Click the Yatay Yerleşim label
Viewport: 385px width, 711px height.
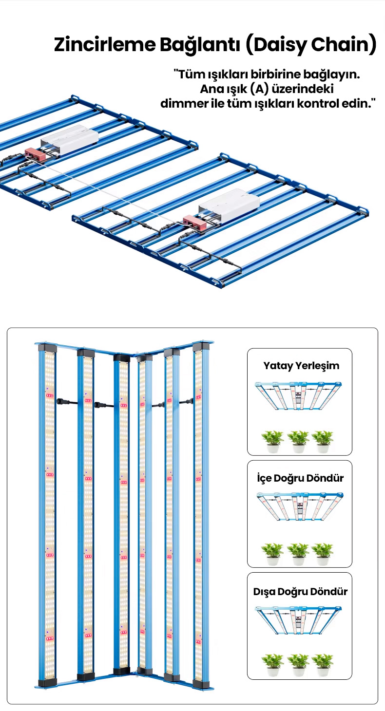pyautogui.click(x=301, y=366)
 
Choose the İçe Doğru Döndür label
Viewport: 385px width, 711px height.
pyautogui.click(x=300, y=478)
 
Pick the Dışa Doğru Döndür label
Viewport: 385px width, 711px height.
pyautogui.click(x=300, y=592)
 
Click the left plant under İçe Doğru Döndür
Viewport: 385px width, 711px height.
pyautogui.click(x=272, y=554)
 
